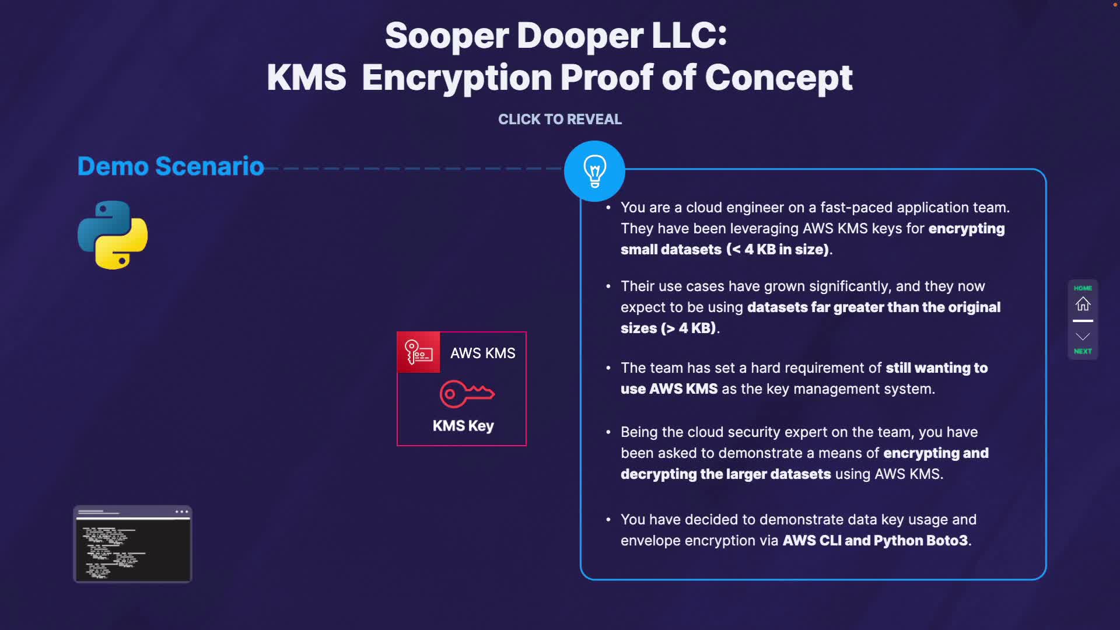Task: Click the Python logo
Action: [x=113, y=235]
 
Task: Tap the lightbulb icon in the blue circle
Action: [x=594, y=171]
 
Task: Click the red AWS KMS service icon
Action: [x=419, y=352]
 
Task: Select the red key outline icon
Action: [x=467, y=394]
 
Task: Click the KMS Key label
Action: [x=463, y=426]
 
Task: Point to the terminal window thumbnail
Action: [x=132, y=544]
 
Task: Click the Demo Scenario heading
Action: [x=170, y=166]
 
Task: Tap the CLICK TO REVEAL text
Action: [x=559, y=120]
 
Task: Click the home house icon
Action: [x=1083, y=304]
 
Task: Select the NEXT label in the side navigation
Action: [x=1083, y=351]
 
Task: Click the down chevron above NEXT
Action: [x=1083, y=337]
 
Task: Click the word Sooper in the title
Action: [x=447, y=36]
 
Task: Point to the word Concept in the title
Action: [x=779, y=78]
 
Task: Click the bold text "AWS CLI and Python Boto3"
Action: [x=874, y=541]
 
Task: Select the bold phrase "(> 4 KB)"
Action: [x=688, y=328]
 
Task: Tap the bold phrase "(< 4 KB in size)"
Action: [x=778, y=250]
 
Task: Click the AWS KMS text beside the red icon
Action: [x=482, y=353]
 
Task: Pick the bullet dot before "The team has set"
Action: [x=608, y=368]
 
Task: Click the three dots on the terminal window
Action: [x=181, y=512]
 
